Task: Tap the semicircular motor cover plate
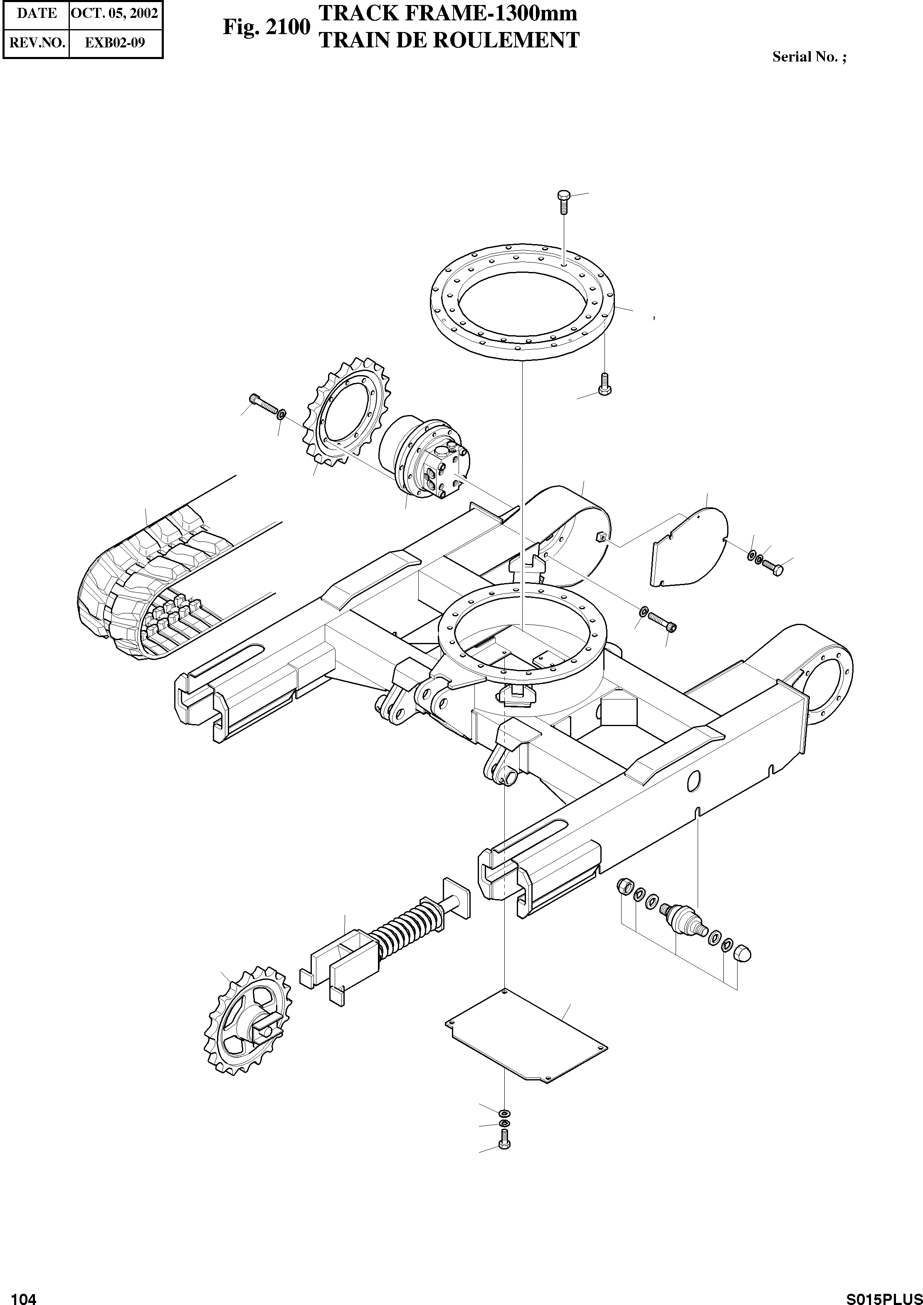[690, 547]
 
